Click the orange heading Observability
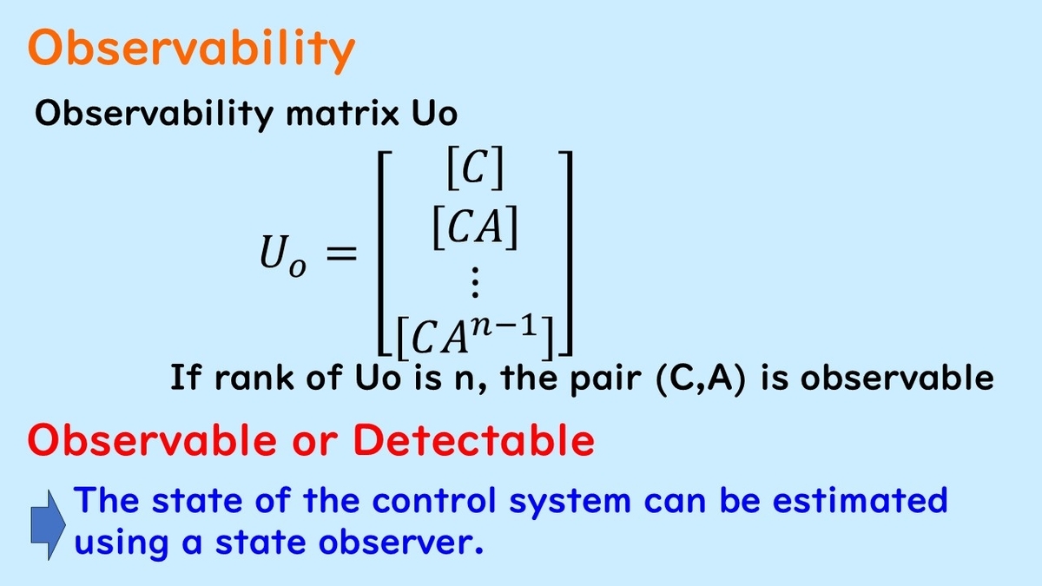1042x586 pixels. click(192, 49)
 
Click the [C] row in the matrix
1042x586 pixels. click(474, 174)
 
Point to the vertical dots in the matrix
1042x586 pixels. click(474, 283)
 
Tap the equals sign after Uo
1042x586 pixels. click(341, 254)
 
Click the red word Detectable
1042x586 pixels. click(473, 441)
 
